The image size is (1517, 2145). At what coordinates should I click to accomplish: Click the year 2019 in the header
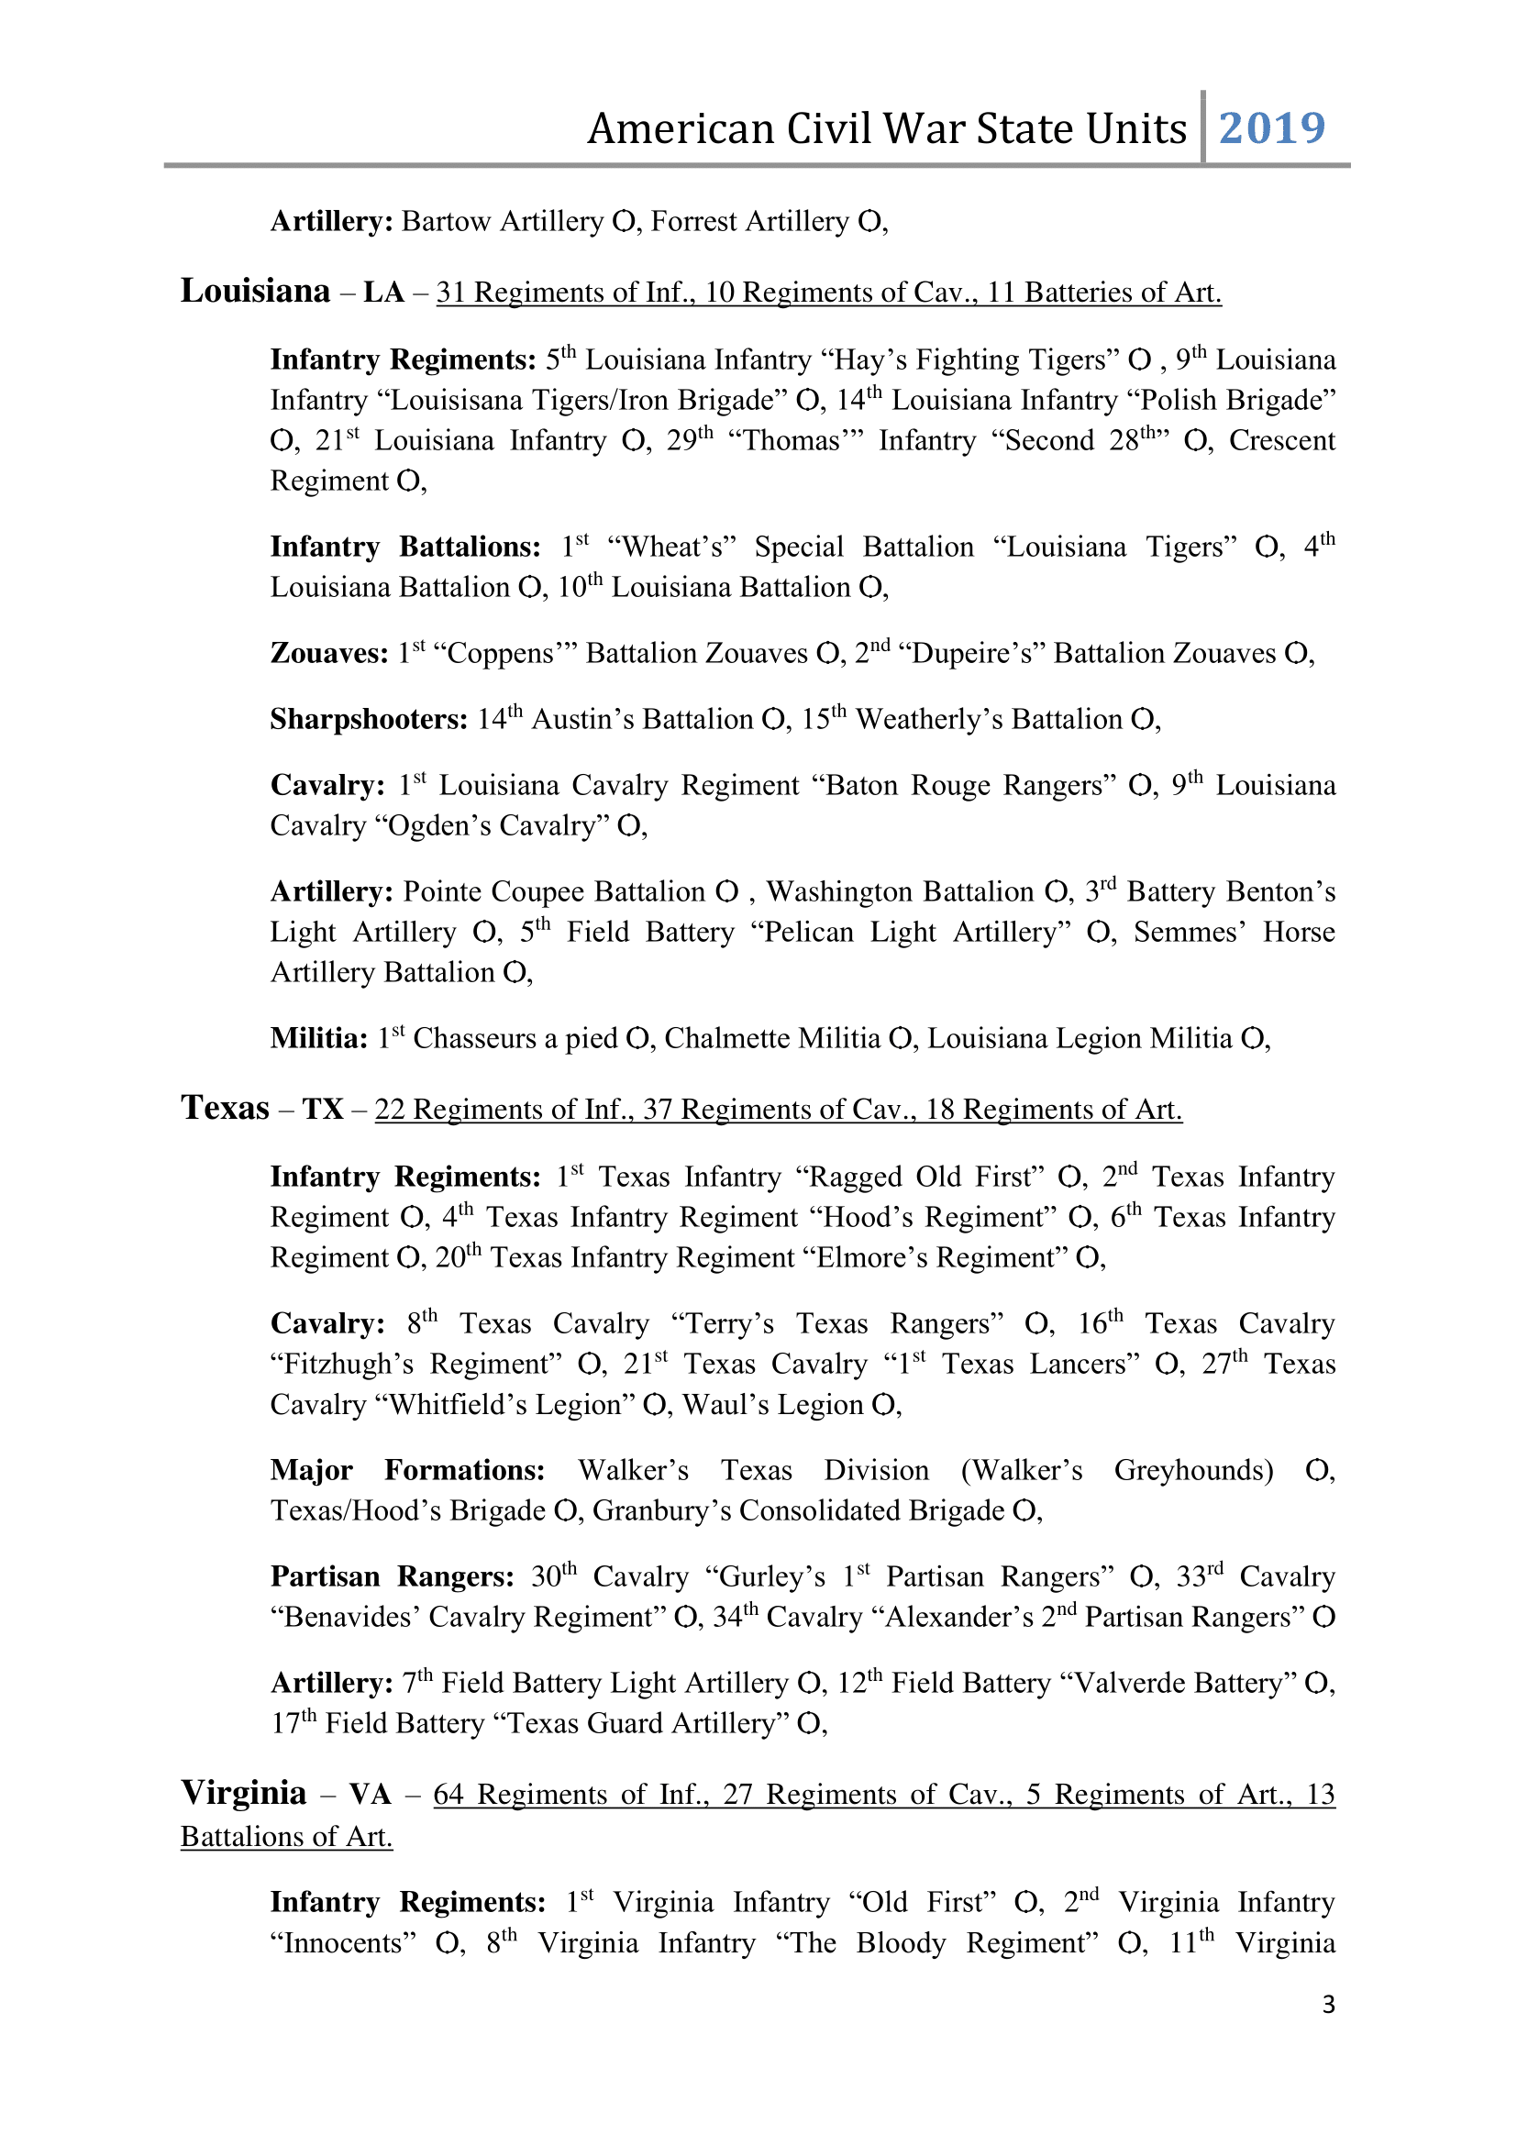pos(1271,128)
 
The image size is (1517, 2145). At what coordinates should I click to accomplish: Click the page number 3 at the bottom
pos(1328,2004)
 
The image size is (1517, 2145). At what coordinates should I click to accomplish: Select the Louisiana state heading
pos(255,292)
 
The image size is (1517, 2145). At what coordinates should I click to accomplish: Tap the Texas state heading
pos(225,1108)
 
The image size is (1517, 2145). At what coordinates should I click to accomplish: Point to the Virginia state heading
pos(243,1793)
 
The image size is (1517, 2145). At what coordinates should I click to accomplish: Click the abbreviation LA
pos(383,293)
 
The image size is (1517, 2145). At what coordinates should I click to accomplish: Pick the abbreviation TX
pos(323,1110)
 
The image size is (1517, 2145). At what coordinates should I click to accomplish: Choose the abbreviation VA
pos(369,1795)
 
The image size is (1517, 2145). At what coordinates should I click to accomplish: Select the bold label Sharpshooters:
pos(368,719)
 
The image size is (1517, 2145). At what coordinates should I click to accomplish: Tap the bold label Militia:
pos(318,1039)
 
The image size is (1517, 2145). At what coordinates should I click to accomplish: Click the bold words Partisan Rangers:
pos(392,1577)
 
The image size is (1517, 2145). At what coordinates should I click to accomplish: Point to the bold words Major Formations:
pos(407,1470)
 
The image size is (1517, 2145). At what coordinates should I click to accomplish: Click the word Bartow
pos(446,221)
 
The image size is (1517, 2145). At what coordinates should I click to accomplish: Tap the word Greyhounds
pos(1193,1470)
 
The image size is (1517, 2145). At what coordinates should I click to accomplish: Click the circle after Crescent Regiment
pos(407,482)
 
